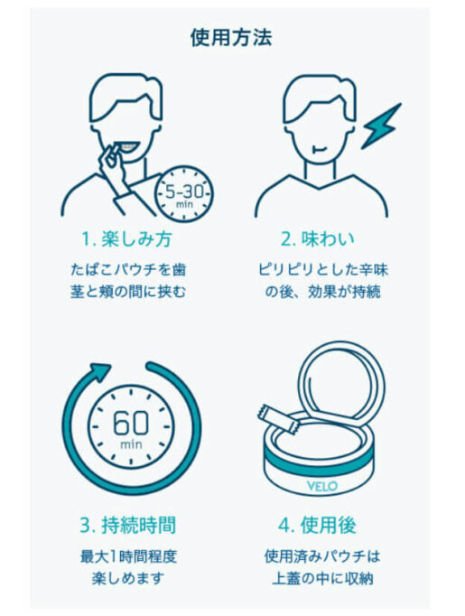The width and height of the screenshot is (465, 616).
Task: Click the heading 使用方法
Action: pos(231,37)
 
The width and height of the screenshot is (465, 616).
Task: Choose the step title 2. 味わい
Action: pos(321,239)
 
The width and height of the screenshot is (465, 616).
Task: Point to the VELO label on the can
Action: pos(321,485)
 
